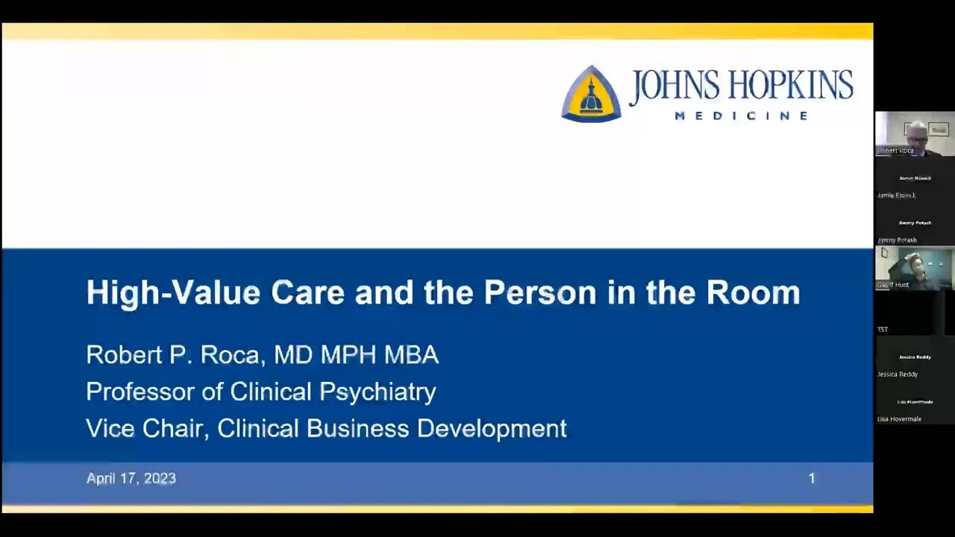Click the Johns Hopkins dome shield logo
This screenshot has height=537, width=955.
[x=591, y=94]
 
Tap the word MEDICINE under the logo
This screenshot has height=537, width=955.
[x=742, y=116]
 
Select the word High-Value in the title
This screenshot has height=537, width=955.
[x=173, y=292]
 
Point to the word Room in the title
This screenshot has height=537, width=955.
[x=753, y=292]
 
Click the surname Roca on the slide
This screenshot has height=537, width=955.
[x=229, y=354]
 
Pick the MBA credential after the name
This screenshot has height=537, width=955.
[x=411, y=354]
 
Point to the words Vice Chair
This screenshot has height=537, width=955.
[x=146, y=429]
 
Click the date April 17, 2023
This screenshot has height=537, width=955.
[x=131, y=479]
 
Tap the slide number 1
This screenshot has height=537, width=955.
[x=812, y=479]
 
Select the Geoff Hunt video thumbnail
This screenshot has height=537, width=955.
[x=915, y=268]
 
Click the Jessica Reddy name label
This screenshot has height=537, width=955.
[x=898, y=374]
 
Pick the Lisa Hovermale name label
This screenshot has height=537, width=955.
[x=899, y=419]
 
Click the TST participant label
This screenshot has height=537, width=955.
[x=883, y=330]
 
